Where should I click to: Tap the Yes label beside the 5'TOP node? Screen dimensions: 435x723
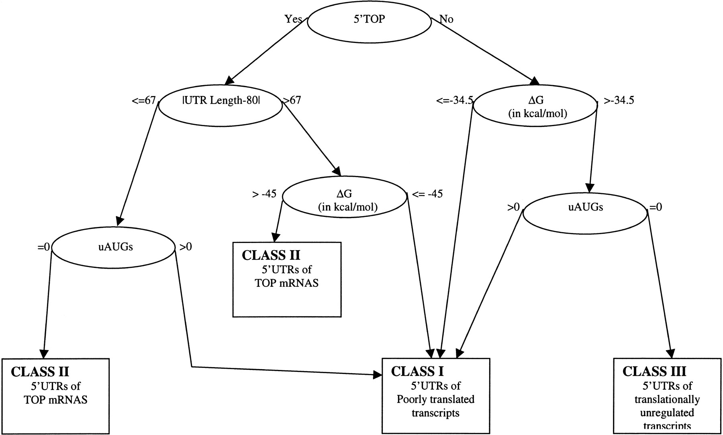click(x=293, y=18)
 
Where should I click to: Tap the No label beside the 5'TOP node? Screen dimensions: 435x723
click(x=446, y=19)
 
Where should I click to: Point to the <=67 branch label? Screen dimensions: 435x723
click(x=143, y=100)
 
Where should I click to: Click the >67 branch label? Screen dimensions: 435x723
click(x=292, y=100)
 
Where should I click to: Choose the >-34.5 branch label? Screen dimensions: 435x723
click(x=619, y=100)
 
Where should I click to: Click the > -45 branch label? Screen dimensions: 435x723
click(x=264, y=194)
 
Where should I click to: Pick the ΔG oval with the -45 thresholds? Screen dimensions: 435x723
click(x=345, y=200)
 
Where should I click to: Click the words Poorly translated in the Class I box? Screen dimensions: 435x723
click(x=435, y=399)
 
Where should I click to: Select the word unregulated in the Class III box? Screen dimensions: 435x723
click(x=667, y=413)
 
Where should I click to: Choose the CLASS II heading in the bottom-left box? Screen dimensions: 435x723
click(x=40, y=372)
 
